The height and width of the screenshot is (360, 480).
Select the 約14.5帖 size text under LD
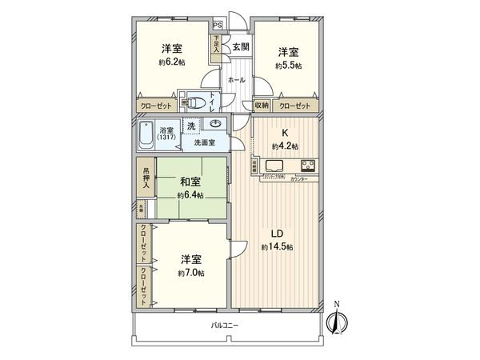(x=277, y=248)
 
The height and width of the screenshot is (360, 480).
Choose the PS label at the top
(x=217, y=24)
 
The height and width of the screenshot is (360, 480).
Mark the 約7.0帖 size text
(x=190, y=274)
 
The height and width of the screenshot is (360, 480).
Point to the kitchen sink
(x=272, y=166)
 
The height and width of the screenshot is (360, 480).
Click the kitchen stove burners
(x=307, y=166)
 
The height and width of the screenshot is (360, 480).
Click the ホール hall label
(x=236, y=80)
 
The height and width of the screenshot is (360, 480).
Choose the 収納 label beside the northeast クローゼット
(x=262, y=106)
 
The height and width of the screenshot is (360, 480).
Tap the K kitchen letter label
(x=285, y=133)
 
